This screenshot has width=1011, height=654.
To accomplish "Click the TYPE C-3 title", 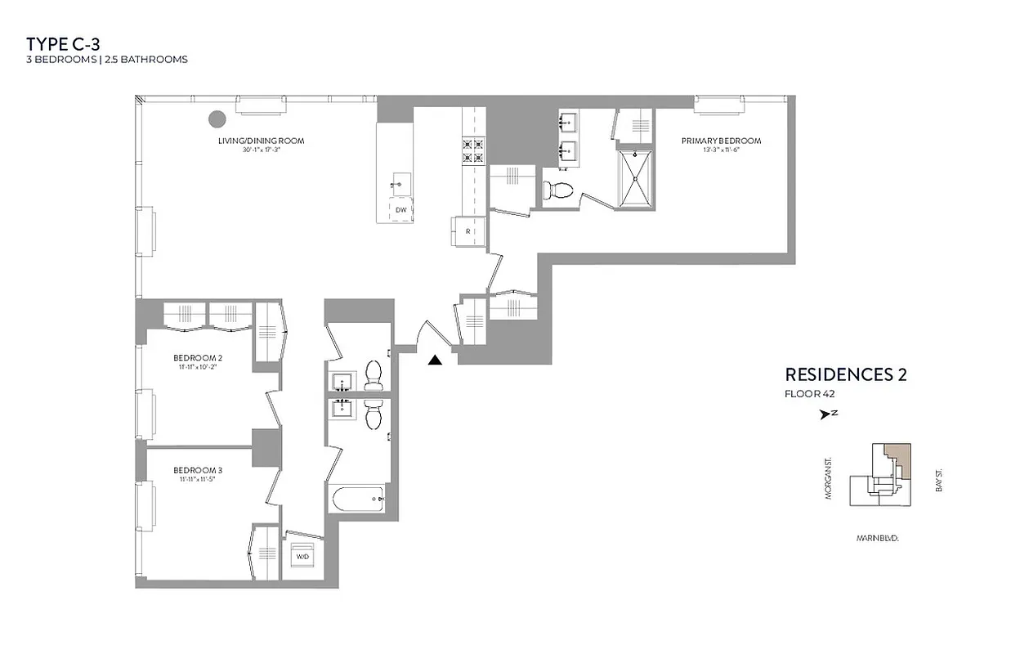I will coord(63,43).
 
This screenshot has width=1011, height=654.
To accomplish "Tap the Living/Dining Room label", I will coord(261,141).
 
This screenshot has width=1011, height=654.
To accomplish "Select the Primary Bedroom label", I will coord(721,141).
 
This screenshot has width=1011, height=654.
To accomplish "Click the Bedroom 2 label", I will coord(198,358).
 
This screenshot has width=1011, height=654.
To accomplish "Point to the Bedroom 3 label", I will coord(198,470).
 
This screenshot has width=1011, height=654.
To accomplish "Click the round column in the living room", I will coord(217,119).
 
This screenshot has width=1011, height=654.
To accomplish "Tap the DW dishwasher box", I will coord(400,210).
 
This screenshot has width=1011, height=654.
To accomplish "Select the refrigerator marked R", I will coord(467,231).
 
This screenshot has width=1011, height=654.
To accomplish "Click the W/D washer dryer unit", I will coord(302,557).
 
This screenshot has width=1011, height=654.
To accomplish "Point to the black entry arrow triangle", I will coord(435,359).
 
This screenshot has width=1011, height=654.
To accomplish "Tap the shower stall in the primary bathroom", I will coord(634,177).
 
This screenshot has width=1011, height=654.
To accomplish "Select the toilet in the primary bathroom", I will coord(558,190).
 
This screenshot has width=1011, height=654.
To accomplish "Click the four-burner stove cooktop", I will coord(474,151).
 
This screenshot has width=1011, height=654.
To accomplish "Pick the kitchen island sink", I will coord(399,182).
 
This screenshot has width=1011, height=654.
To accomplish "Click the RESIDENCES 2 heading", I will coord(845,375).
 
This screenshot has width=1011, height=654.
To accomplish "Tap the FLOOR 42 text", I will coord(809,394).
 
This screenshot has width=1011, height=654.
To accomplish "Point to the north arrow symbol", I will coord(825,414).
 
